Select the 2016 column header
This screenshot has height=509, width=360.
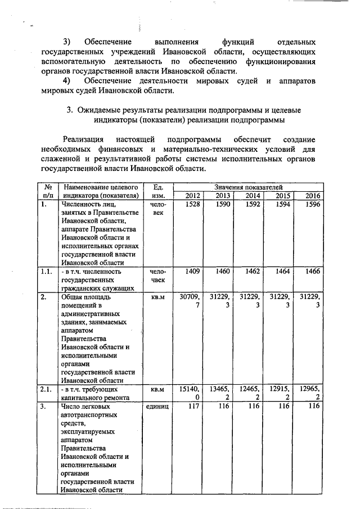pyautogui.click(x=312, y=195)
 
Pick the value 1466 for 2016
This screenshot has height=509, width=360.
pyautogui.click(x=312, y=271)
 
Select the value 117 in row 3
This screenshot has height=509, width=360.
pyautogui.click(x=194, y=406)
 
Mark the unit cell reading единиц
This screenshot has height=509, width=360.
pyautogui.click(x=156, y=406)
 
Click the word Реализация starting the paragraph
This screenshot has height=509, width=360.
pyautogui.click(x=83, y=139)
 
